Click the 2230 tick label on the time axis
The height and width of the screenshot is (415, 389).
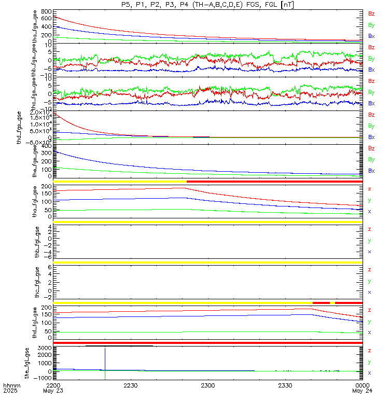click(x=131, y=386)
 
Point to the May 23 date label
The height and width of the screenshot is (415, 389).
click(x=53, y=392)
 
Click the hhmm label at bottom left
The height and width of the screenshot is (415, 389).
click(x=11, y=386)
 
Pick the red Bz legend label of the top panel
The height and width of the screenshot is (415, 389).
click(x=371, y=13)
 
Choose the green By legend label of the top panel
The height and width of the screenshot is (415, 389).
click(x=371, y=25)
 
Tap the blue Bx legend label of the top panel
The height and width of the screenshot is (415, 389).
click(x=371, y=36)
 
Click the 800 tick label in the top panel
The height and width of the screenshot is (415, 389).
click(x=45, y=11)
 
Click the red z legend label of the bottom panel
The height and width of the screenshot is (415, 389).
click(x=369, y=351)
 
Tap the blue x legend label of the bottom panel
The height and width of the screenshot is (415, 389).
click(x=369, y=373)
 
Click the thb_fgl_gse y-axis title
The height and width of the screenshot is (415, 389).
click(x=36, y=241)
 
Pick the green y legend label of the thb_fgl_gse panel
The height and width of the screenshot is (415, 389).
click(x=369, y=241)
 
